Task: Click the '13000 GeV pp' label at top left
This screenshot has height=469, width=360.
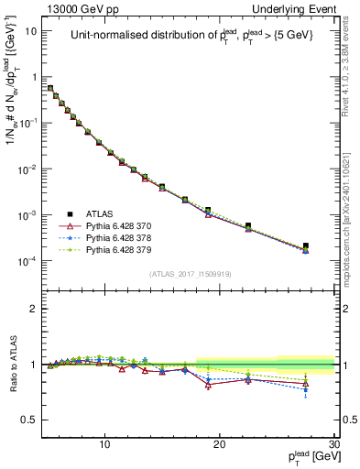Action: pyautogui.click(x=82, y=8)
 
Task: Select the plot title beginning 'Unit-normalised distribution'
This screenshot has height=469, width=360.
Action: pyautogui.click(x=190, y=36)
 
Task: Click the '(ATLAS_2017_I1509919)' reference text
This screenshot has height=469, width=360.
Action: pyautogui.click(x=190, y=274)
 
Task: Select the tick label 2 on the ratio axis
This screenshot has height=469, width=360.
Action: pyautogui.click(x=35, y=309)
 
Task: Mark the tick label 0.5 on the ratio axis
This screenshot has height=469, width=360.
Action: pyautogui.click(x=32, y=420)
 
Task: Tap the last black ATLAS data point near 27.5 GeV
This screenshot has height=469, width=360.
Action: pyautogui.click(x=306, y=245)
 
